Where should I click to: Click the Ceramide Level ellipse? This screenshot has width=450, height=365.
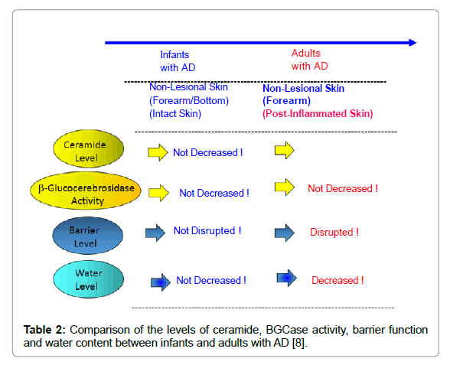coord(89,148)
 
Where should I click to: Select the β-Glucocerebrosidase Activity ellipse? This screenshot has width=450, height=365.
coord(86,191)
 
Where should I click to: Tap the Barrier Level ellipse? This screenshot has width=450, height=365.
coord(88,236)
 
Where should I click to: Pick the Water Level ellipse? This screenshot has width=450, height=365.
coord(89,279)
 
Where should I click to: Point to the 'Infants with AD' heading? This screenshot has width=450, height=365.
coord(178,61)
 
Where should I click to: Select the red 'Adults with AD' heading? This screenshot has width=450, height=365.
coord(309,60)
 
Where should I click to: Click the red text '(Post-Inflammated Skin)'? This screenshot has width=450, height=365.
coord(318,113)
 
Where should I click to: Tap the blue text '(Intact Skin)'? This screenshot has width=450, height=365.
coord(175,113)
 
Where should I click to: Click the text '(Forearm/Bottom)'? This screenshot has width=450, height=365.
coord(189,101)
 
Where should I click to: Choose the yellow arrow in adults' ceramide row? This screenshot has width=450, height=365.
coord(285,150)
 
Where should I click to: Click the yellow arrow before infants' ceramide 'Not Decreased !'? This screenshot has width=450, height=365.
coord(158,152)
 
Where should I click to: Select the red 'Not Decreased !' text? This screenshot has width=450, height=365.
coord(343,188)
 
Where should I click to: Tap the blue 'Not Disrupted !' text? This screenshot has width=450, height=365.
coord(207,230)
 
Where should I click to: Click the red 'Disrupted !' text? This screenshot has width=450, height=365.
coord(334,232)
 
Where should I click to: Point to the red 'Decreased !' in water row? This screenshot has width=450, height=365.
coord(337,280)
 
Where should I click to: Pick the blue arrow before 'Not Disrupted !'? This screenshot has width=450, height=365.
coord(155,233)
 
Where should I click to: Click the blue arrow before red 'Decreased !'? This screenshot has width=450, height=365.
coord(287,278)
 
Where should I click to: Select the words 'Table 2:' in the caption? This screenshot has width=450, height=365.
coord(44,330)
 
